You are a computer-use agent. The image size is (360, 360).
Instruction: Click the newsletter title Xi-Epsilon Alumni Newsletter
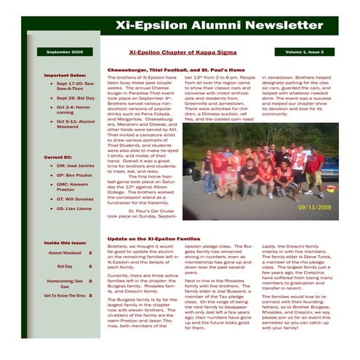(209, 25)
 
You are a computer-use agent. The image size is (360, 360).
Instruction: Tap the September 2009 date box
(65, 52)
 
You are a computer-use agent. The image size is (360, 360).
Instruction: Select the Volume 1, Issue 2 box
(304, 52)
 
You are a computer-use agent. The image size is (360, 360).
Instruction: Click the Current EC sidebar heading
(59, 156)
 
